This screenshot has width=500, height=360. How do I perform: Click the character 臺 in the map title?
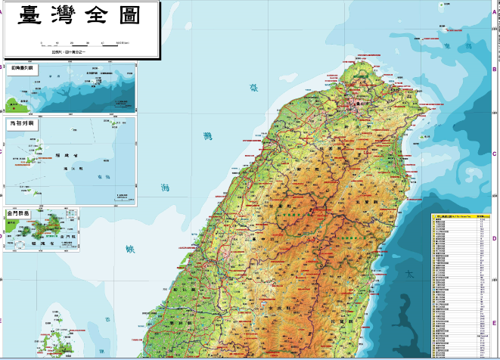pos(33,17)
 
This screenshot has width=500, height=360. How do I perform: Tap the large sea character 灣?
pos(208,137)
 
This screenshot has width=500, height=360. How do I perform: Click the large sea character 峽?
pos(129,248)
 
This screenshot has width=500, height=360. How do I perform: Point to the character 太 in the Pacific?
pos(409,277)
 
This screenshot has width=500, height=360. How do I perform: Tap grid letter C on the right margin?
pos(493,154)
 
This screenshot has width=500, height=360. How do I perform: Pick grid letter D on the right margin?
pos(493,239)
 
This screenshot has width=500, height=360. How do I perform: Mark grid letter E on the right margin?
pos(493,321)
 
